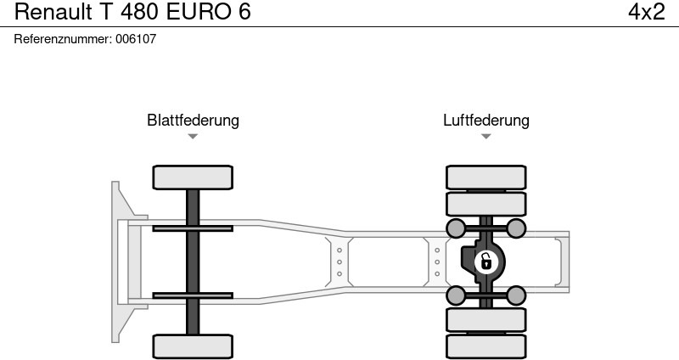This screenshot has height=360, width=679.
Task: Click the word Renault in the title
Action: coord(53,12)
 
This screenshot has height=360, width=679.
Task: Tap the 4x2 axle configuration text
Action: coord(646,12)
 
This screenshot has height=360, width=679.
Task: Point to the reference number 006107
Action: coord(136,39)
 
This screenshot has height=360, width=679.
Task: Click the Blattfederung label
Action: coord(193,121)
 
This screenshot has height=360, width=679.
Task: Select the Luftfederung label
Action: coord(485,121)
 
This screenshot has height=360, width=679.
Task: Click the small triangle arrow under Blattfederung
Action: coord(193,137)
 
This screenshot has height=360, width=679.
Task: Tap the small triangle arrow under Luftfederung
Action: coord(485,137)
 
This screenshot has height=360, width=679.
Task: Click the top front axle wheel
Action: coord(193,177)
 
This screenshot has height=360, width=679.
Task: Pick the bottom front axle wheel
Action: coord(193,346)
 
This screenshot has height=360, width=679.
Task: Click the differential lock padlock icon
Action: coord(485,262)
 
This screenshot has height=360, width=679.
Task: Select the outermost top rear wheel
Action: coord(485,177)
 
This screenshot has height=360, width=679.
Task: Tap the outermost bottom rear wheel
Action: coord(485,346)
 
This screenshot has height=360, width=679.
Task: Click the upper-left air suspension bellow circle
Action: coord(456,228)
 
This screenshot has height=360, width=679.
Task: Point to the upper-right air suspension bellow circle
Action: coord(516,228)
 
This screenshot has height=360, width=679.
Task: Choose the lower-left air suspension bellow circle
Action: coord(456,295)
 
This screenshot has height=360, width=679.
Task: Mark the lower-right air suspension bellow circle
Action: coord(516,295)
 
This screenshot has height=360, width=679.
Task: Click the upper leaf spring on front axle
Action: coord(193,228)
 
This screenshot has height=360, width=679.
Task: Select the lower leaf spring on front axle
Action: coord(193,295)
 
